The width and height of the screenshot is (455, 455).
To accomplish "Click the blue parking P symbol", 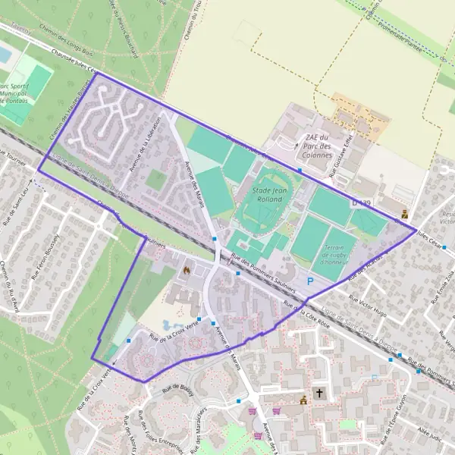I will (x=309, y=281).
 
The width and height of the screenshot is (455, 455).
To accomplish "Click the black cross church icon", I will (x=319, y=394).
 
